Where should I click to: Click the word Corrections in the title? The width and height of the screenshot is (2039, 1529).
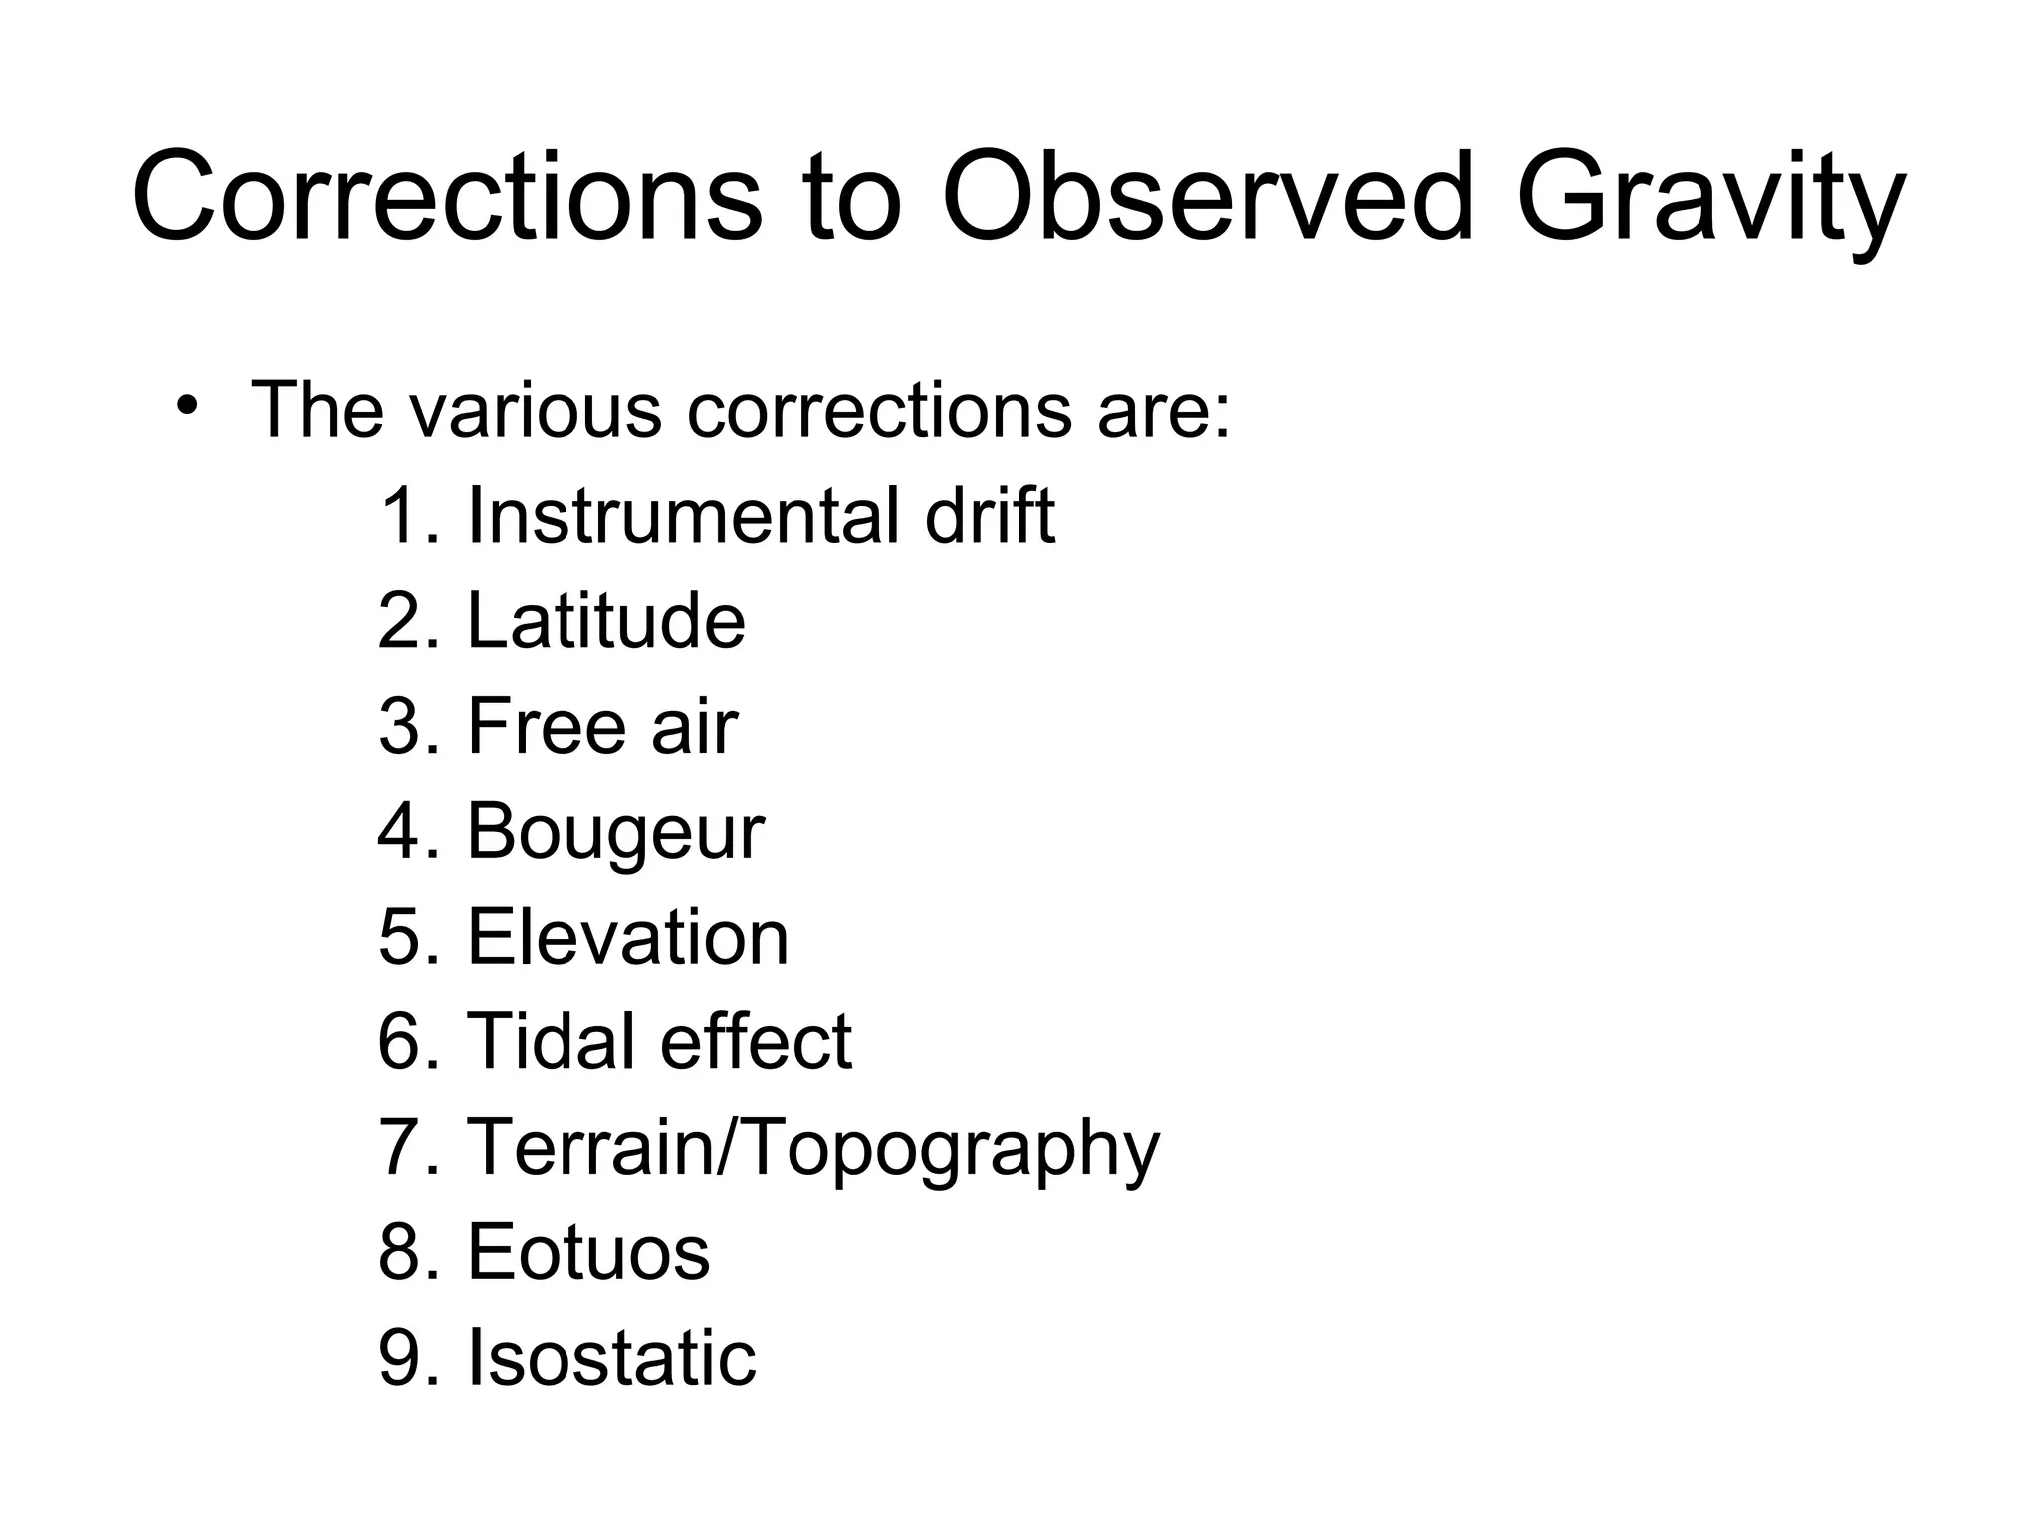click(447, 196)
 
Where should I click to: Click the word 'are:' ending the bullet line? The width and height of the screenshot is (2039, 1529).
click(1163, 410)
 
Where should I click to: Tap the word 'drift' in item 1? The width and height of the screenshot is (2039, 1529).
click(990, 515)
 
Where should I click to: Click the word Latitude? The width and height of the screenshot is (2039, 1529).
click(605, 620)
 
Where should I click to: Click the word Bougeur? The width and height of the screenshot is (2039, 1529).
click(615, 832)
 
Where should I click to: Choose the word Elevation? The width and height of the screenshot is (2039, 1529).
click(627, 937)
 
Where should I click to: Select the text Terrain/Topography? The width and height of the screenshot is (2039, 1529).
click(812, 1149)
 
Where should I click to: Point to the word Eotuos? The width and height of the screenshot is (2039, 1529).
click(588, 1252)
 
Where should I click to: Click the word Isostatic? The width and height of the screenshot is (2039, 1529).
click(611, 1357)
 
